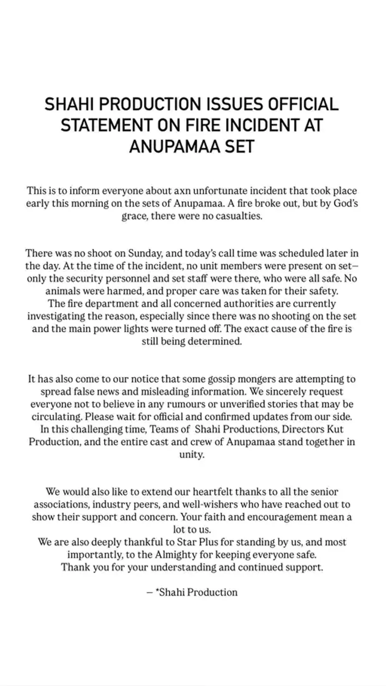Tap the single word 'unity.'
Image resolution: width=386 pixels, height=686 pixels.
tap(192, 454)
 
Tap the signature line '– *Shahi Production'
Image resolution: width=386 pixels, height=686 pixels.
tap(192, 592)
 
